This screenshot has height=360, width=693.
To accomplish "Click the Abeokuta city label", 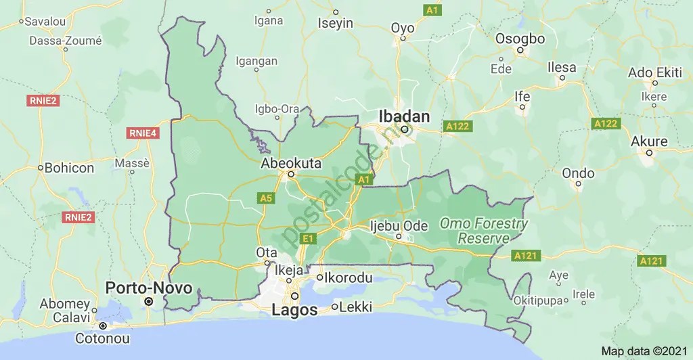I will [x=292, y=163].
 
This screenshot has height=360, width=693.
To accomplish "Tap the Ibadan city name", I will [x=404, y=116].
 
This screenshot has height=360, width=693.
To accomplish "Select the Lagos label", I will [x=294, y=311].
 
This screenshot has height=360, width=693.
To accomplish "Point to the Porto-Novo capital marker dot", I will [x=149, y=300].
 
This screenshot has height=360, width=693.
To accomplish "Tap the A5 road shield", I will [x=265, y=198].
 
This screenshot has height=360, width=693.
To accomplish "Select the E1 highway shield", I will [x=309, y=238].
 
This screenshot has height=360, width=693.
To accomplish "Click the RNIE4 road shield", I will [x=142, y=133].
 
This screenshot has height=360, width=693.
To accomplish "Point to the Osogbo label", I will [x=520, y=39].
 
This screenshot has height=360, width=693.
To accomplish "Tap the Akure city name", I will [x=648, y=141].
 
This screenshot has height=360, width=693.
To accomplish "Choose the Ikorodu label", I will [x=349, y=277].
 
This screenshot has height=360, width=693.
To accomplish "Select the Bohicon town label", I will [x=70, y=167].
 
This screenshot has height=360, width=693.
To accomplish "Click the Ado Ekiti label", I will [x=654, y=72].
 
